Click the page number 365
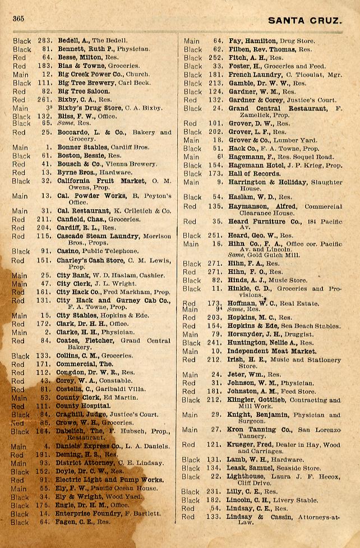click(17, 19)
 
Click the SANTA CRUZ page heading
click(304, 21)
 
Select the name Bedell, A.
click(73, 41)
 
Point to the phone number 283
click(45, 41)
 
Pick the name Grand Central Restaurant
click(278, 108)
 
